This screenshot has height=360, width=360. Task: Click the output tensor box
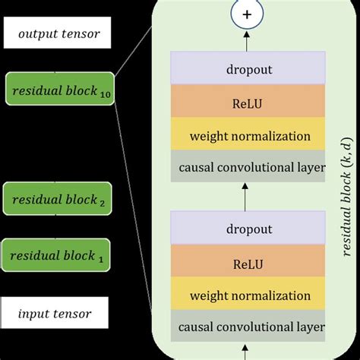(x=58, y=34)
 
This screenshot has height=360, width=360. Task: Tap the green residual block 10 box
(x=58, y=90)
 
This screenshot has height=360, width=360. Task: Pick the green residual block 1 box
(x=58, y=255)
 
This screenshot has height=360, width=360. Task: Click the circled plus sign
(x=248, y=14)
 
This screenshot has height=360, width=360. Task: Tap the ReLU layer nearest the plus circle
(x=248, y=103)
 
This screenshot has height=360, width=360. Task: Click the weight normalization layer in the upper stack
(x=248, y=136)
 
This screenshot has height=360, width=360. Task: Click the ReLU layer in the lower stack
(x=248, y=261)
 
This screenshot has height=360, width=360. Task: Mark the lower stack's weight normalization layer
(x=248, y=295)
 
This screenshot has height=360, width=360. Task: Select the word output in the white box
(x=40, y=34)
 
